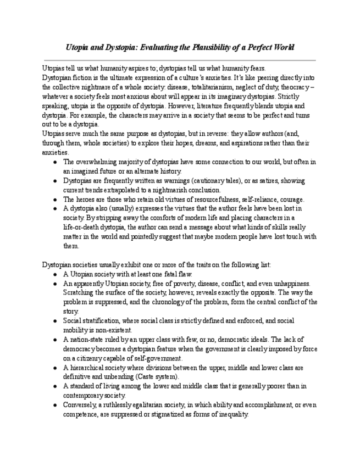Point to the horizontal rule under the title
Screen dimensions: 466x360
(x=180, y=60)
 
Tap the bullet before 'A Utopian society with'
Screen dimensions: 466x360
(x=54, y=274)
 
